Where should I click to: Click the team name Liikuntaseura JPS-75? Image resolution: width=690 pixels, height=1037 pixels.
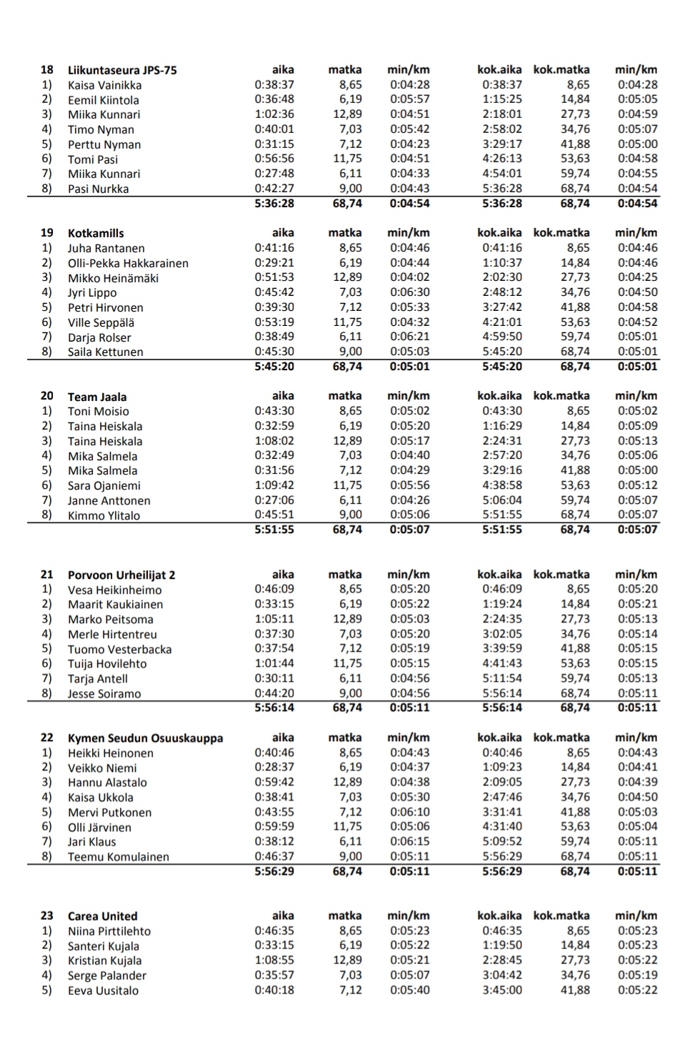pos(122,70)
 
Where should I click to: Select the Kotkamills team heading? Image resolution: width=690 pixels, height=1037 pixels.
pos(96,233)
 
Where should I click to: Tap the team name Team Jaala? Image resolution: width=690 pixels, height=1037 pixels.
pos(97,397)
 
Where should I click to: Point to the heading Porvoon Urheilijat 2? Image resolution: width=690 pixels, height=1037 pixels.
pos(121,575)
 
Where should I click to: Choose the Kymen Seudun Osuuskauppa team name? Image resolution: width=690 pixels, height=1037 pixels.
pos(145,738)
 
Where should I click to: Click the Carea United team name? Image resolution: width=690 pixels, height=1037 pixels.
pos(102,916)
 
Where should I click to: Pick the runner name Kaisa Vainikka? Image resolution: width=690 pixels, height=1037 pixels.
pos(104,85)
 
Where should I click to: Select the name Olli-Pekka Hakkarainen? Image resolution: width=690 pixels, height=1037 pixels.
pos(128,263)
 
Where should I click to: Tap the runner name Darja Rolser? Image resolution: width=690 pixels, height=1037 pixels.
pos(99,337)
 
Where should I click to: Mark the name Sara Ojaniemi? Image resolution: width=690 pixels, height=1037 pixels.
pos(104,486)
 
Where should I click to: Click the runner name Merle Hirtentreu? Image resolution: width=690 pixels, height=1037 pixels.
pos(112,635)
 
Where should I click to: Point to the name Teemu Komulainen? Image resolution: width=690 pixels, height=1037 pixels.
pos(119,857)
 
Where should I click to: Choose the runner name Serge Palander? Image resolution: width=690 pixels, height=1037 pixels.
pos(107,976)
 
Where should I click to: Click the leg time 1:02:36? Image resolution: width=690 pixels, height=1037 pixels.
pos(274,114)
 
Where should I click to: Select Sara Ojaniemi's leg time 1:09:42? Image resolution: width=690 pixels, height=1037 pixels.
pos(274,485)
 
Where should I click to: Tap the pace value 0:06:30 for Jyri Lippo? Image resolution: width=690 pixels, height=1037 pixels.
pos(410,292)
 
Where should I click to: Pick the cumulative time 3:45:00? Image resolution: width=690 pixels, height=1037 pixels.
pos(502,991)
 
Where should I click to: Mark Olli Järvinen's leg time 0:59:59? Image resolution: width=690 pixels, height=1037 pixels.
pos(274,827)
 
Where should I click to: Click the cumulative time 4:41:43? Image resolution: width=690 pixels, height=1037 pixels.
pos(502,663)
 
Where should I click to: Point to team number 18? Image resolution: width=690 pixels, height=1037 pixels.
pos(47,70)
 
